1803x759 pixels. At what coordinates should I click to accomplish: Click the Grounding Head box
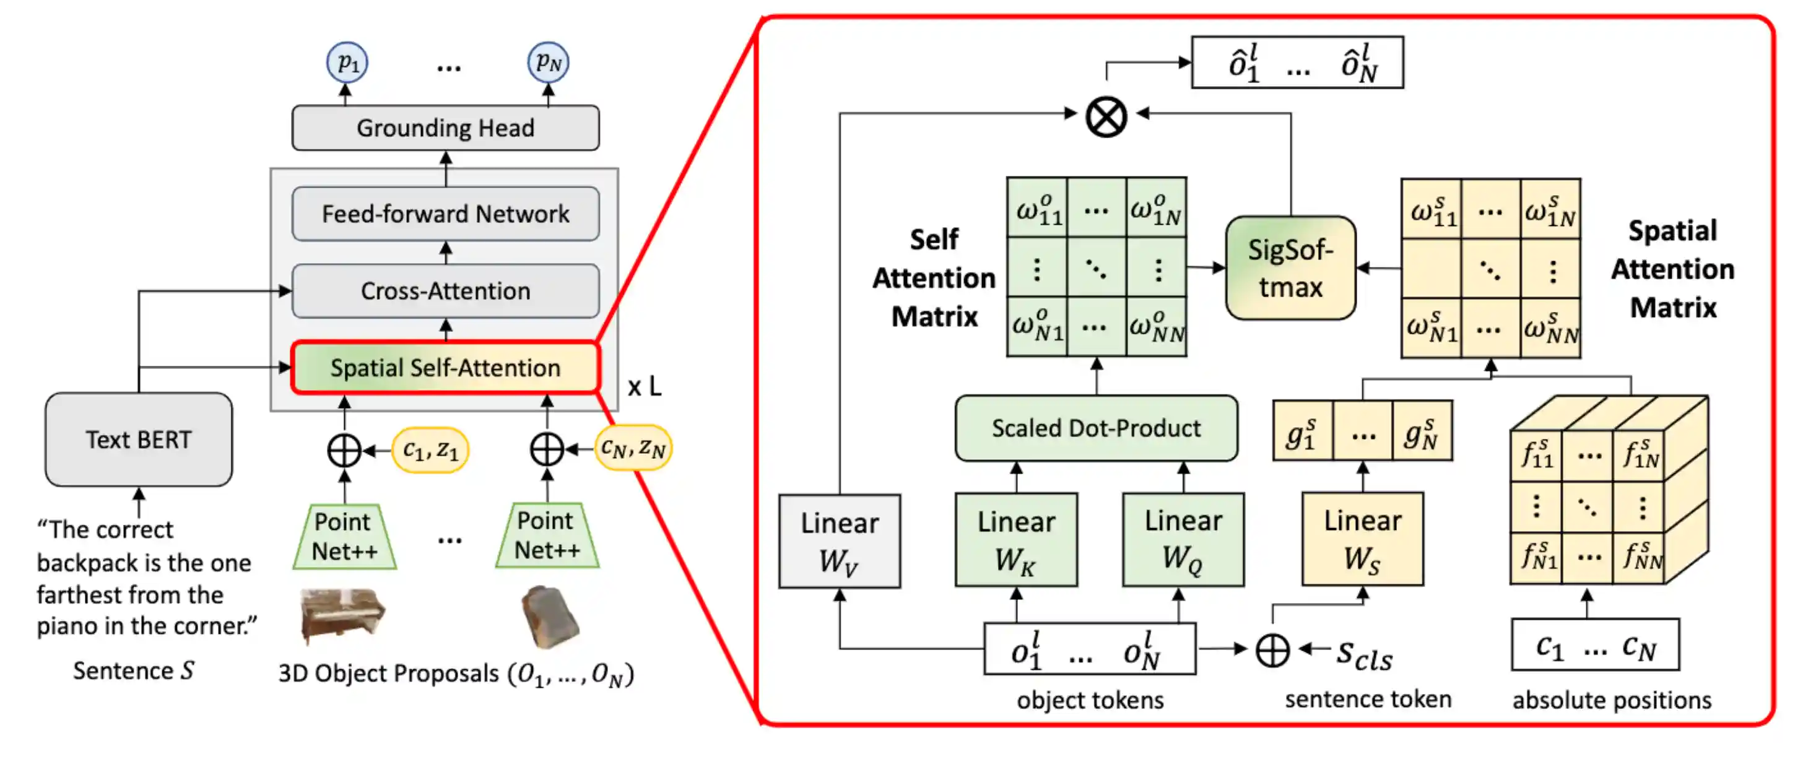445,128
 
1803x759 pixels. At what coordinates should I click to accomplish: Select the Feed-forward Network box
445,214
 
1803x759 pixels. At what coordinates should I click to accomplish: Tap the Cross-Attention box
445,291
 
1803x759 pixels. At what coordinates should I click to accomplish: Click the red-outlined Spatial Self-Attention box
445,368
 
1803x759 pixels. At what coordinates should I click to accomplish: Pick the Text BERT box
139,440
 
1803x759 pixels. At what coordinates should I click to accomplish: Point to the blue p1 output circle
347,63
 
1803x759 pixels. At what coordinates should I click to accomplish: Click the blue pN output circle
548,63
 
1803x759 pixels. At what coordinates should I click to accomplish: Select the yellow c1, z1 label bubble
430,450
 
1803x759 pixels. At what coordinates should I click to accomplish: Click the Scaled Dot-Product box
1096,428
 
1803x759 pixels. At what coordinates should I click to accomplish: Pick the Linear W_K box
1016,540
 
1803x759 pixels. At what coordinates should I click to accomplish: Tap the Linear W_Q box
1183,540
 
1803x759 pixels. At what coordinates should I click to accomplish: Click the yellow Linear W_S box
1363,539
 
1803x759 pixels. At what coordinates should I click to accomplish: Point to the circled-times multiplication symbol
1106,116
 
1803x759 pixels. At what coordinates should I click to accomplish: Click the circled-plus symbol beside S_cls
1272,650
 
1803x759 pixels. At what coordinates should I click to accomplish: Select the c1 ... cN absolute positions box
1595,645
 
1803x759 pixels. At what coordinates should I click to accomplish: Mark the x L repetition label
644,387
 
